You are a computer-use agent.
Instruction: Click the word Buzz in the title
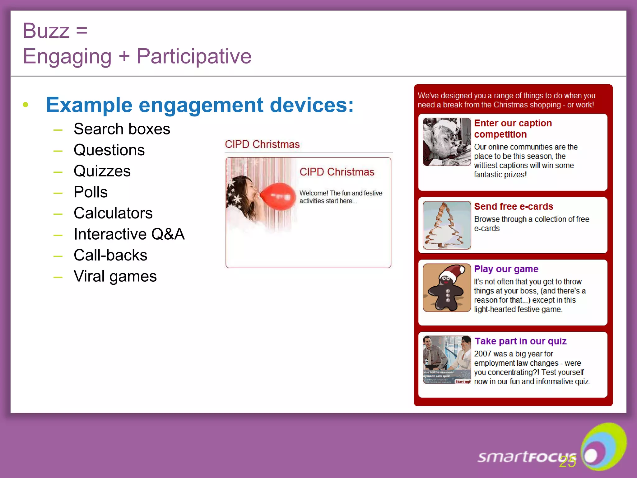tap(46, 31)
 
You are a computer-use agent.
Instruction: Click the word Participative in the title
tap(194, 56)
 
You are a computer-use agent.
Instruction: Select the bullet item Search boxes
tap(122, 129)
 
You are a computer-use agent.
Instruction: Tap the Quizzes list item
tap(102, 171)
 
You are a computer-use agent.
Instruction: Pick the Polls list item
tap(91, 192)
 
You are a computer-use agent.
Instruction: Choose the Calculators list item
tap(113, 213)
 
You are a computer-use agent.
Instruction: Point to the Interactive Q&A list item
tap(129, 234)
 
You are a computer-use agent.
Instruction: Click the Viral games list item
tap(115, 276)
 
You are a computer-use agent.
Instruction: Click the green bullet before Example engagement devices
tap(26, 105)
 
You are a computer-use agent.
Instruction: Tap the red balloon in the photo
tap(278, 196)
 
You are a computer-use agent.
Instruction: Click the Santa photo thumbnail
tap(447, 142)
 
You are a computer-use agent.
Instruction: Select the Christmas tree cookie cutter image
tap(447, 225)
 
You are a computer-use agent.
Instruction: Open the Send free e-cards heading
tap(514, 207)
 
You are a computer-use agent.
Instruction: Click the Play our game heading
tap(506, 269)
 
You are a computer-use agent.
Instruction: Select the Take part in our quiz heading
tap(520, 341)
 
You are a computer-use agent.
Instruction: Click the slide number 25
tap(567, 462)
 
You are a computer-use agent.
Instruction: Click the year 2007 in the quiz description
tap(482, 354)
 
